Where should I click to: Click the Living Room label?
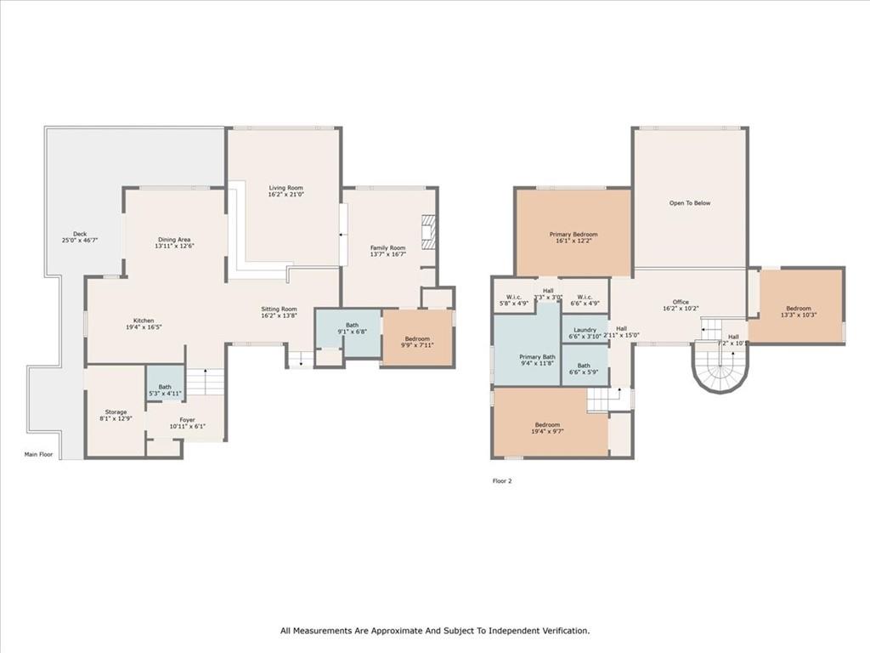pos(285,188)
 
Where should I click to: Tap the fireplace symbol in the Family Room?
pos(429,230)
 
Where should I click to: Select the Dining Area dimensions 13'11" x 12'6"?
pos(175,247)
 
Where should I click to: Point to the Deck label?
pos(80,234)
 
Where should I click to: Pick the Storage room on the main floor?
pos(116,412)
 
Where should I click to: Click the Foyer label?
pos(186,419)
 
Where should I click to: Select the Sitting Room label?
pos(279,309)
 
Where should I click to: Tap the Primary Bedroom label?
pos(573,235)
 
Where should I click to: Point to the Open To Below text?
pos(690,203)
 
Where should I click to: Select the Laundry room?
pos(585,330)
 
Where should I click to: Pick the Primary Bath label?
pos(537,357)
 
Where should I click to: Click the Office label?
pos(681,302)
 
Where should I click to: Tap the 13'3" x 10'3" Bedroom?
pos(798,309)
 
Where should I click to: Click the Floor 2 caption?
pos(502,481)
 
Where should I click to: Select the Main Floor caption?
pos(38,455)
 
